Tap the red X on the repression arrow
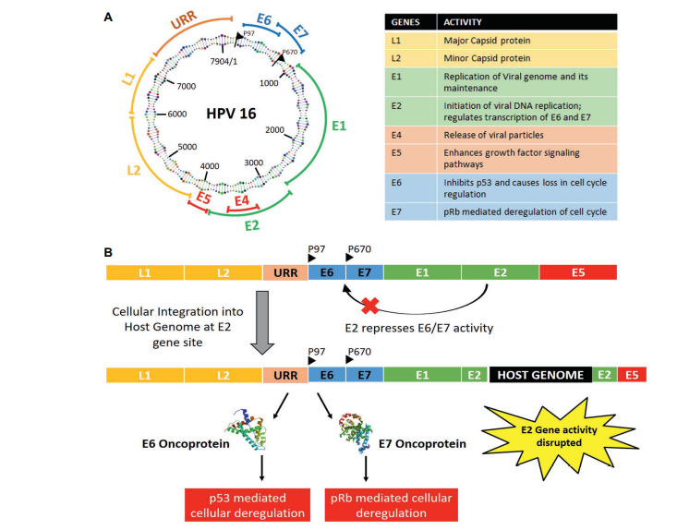[370, 305]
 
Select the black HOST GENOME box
[540, 375]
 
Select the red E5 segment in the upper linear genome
[577, 272]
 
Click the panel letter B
[110, 251]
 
